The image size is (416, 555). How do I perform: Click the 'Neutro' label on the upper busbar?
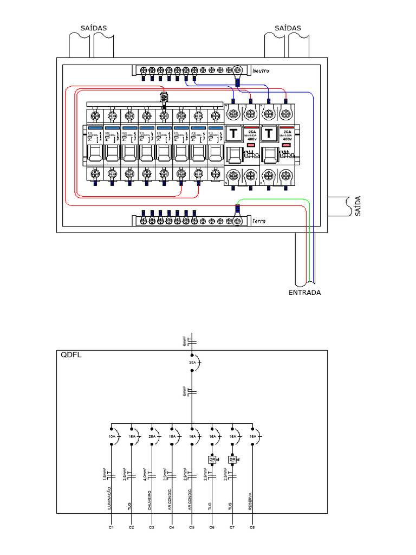tap(261, 71)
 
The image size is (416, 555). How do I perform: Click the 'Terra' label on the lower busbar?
tap(259, 221)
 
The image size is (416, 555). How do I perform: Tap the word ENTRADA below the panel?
tap(304, 293)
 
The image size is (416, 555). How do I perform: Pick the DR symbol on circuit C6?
tap(212, 460)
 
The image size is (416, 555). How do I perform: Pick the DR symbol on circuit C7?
tap(232, 460)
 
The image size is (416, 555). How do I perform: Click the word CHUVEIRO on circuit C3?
tap(150, 501)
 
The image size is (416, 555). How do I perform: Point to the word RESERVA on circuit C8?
tap(250, 501)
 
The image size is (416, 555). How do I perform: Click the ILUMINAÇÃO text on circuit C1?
tap(109, 499)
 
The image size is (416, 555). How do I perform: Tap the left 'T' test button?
tap(233, 133)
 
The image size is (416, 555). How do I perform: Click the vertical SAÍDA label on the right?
tap(356, 206)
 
